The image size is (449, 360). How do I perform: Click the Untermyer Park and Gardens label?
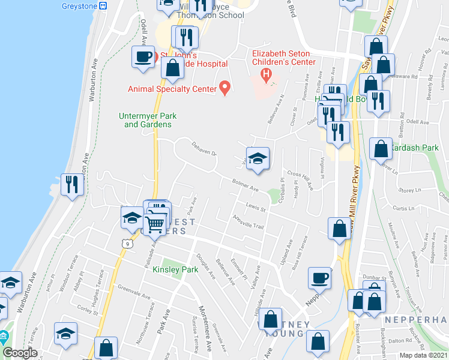coord(148,120)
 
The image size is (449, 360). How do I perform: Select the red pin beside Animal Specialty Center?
coord(225,88)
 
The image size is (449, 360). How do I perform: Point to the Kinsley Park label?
coord(175,270)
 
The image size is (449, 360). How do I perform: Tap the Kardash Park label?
coord(415,148)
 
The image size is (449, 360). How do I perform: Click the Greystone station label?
coord(79,5)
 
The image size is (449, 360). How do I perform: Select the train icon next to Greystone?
coord(103,5)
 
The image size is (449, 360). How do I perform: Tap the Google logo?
coord(20,353)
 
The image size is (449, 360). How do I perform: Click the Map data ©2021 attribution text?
coord(423,355)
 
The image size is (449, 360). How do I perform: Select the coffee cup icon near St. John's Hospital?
coord(143,57)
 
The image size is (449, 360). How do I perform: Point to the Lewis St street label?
coord(255,208)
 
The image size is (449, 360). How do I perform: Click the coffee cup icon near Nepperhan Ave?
coord(319,278)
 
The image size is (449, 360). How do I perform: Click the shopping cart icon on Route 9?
coord(155,223)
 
